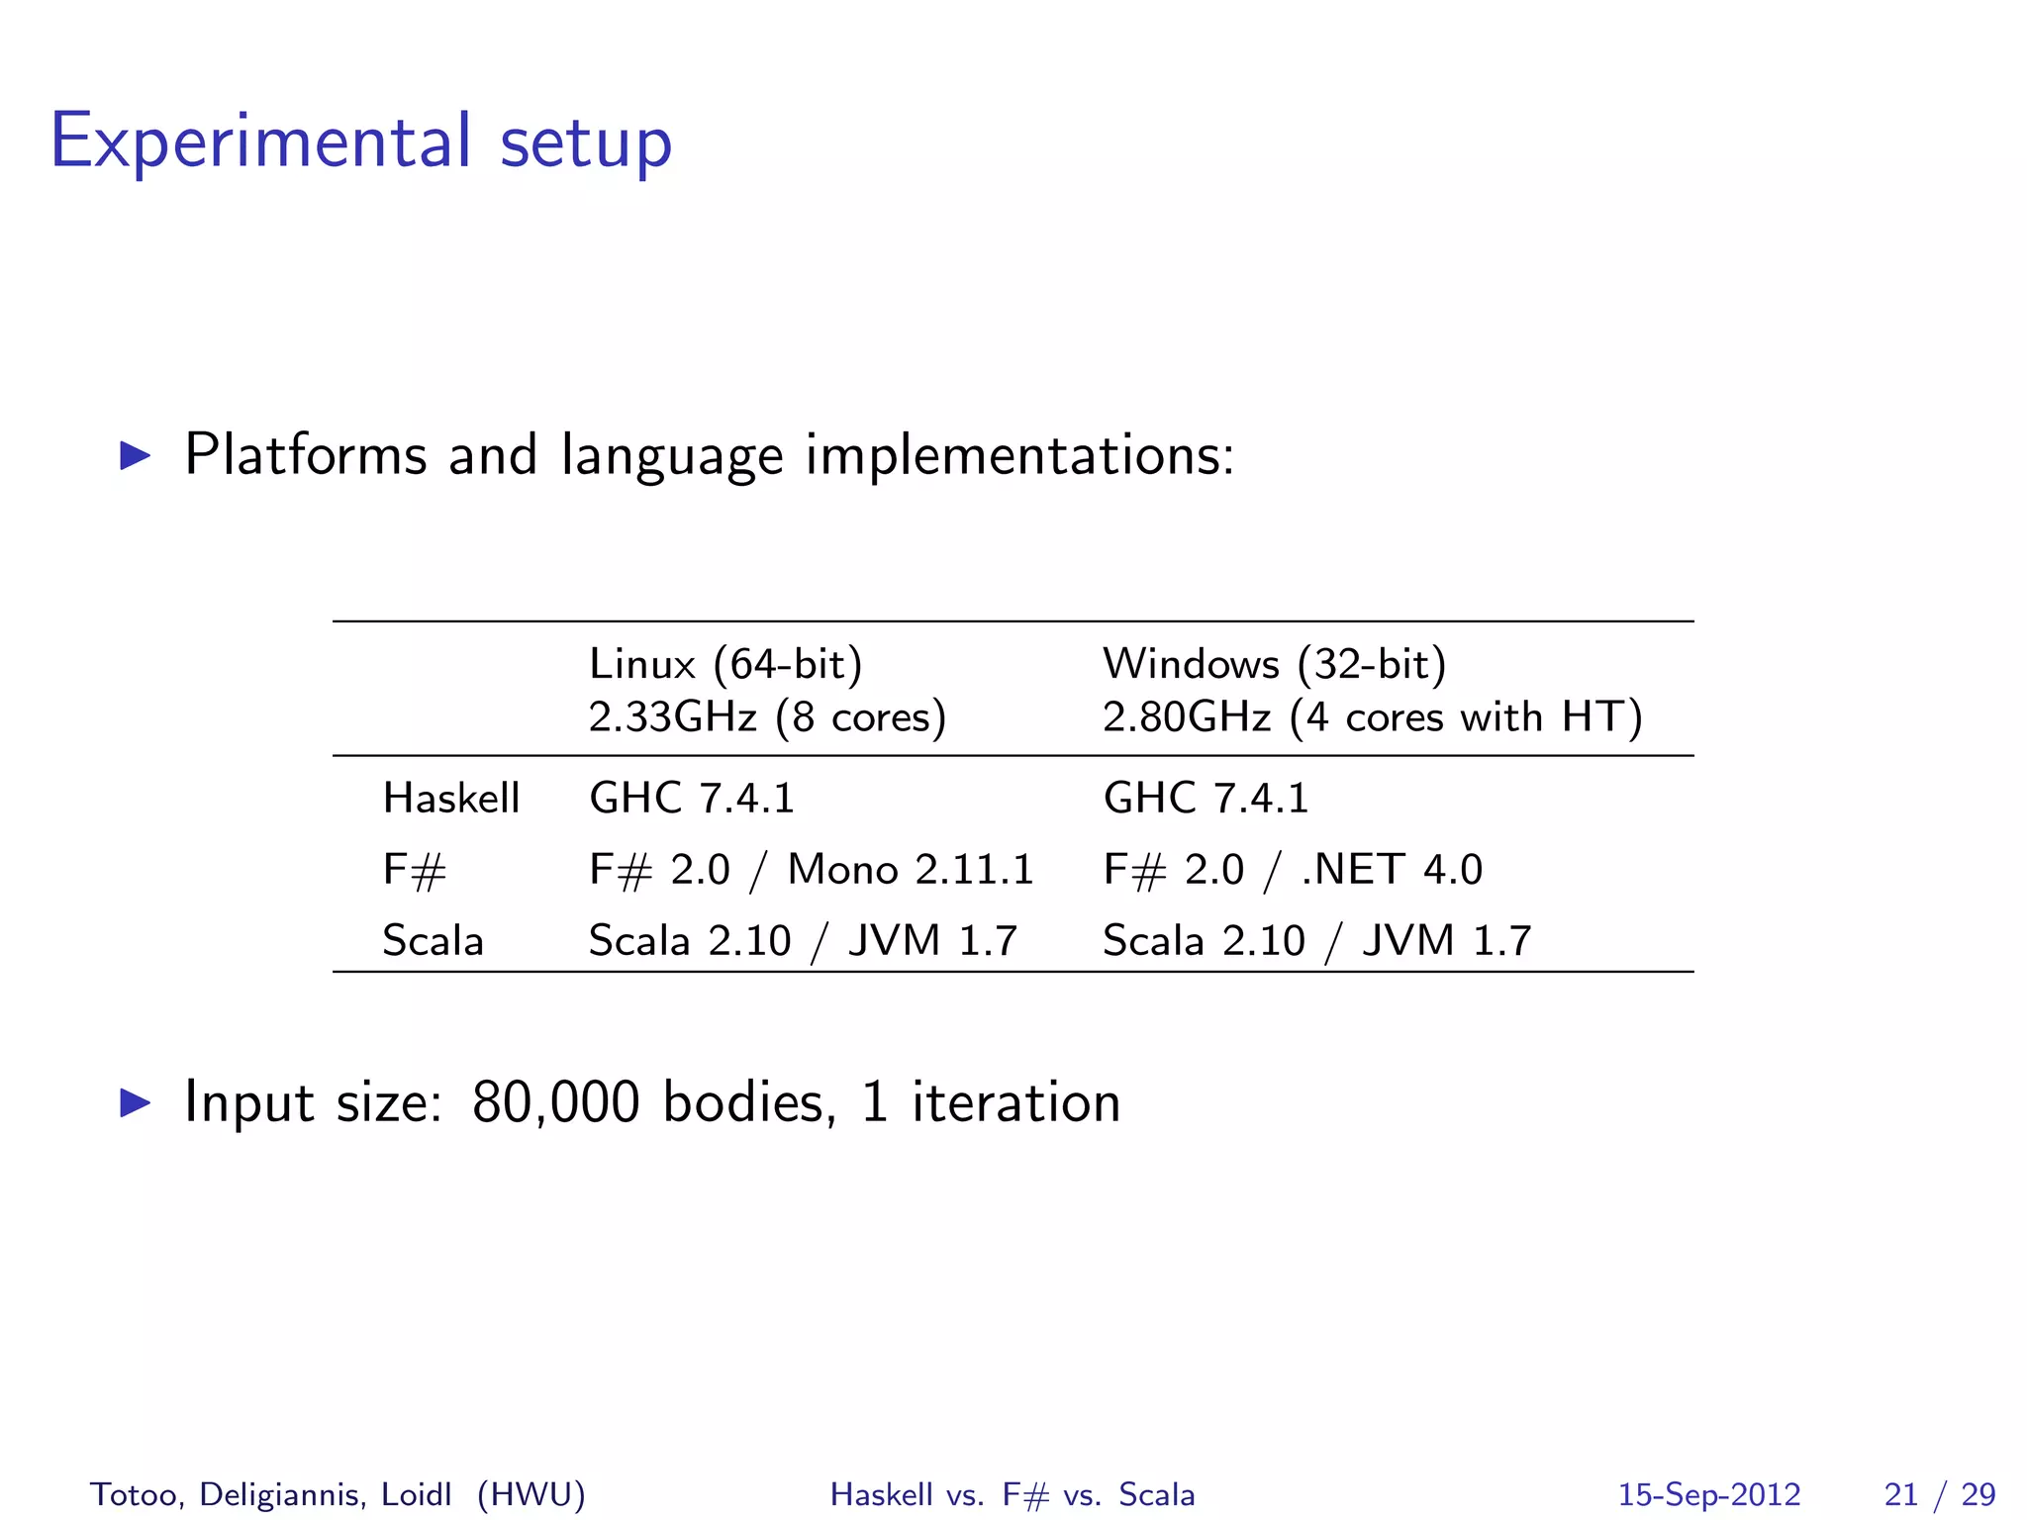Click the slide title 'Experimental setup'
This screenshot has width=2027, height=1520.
361,142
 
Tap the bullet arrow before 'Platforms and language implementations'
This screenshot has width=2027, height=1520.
136,455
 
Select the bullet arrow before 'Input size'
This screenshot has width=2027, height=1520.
136,1102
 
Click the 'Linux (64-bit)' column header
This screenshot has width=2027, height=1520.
725,664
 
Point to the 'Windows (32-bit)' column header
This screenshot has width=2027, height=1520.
1274,664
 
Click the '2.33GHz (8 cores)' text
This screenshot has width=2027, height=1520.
767,717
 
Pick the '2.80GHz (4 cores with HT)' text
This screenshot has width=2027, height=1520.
1372,717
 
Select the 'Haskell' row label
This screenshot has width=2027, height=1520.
451,799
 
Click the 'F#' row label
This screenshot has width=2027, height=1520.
415,871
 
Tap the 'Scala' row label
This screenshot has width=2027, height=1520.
433,941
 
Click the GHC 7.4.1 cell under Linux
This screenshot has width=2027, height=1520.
692,799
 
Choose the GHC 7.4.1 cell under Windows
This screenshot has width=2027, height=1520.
1206,799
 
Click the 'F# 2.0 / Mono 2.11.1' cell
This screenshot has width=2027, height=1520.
811,871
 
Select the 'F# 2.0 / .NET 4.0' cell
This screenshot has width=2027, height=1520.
1293,871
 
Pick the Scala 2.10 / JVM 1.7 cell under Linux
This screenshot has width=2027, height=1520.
803,941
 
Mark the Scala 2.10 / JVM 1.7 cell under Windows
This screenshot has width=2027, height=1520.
1317,941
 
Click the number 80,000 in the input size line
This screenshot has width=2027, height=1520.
555,1102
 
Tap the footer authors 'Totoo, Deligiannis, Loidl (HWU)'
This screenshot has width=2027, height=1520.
338,1494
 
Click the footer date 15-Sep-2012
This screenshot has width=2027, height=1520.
1709,1494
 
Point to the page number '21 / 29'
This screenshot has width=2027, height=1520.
1940,1494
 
